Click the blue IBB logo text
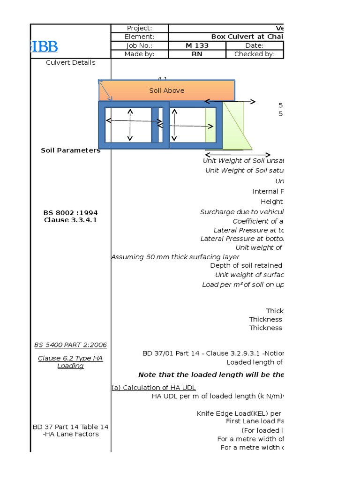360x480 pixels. [44, 46]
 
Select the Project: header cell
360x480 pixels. [139, 28]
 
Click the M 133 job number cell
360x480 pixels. [197, 45]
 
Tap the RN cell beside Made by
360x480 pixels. [197, 54]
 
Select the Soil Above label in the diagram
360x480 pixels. [166, 90]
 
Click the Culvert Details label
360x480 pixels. [70, 62]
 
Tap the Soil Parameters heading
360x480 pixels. [70, 150]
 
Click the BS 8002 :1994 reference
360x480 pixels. [70, 213]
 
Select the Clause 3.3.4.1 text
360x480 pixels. [70, 220]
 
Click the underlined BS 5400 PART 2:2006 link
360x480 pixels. [70, 345]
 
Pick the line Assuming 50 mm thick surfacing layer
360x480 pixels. [175, 257]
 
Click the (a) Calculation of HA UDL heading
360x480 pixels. [153, 387]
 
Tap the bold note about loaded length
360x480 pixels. [211, 375]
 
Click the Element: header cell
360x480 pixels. [139, 37]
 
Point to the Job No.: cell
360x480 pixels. [139, 45]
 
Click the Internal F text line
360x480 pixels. [268, 191]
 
